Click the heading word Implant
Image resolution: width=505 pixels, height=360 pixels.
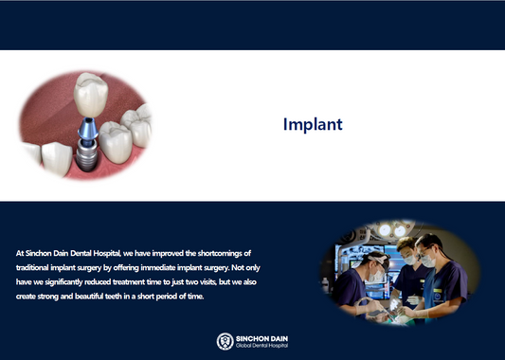pyautogui.click(x=313, y=124)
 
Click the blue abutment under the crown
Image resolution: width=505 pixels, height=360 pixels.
pyautogui.click(x=86, y=128)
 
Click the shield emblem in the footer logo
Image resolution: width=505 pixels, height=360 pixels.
pyautogui.click(x=225, y=340)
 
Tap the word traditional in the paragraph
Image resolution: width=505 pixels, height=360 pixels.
pyautogui.click(x=38, y=269)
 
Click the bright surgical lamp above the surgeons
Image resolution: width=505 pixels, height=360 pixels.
pyautogui.click(x=399, y=229)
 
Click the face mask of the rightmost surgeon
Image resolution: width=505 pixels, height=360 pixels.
pyautogui.click(x=428, y=259)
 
